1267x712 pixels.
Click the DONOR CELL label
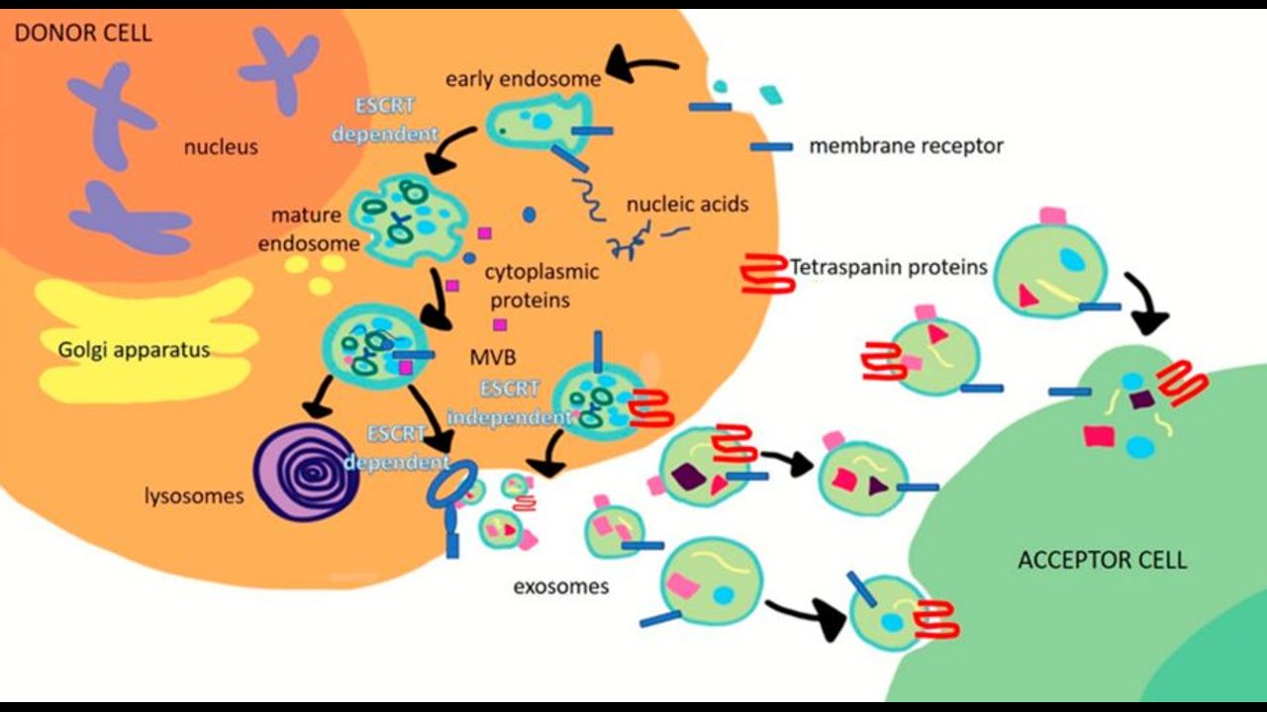pos(82,33)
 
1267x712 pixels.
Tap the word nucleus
pos(220,147)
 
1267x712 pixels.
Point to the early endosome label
pos(523,78)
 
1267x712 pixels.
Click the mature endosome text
pos(307,227)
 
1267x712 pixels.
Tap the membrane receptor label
pos(906,146)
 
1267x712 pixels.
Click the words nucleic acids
pos(687,205)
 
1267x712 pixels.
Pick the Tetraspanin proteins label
pos(889,266)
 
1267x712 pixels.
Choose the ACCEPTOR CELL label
pos(1102,561)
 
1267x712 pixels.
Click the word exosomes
pos(560,586)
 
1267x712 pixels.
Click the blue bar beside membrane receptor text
pos(771,147)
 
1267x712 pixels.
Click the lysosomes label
pos(194,495)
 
